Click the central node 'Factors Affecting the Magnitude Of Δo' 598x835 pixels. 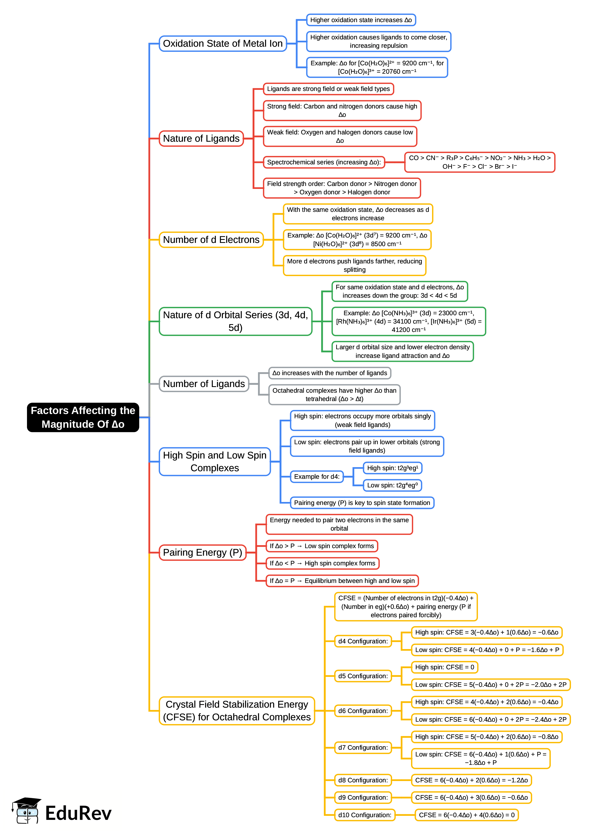[x=83, y=417]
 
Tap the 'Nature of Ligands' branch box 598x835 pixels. [x=201, y=138]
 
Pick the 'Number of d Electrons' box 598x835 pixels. [x=211, y=240]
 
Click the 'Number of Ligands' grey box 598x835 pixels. [x=204, y=383]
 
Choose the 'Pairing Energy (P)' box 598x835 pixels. [x=202, y=552]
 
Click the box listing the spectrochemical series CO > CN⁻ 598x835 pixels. [x=480, y=162]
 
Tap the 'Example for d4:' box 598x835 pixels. [x=317, y=476]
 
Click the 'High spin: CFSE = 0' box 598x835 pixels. [x=444, y=667]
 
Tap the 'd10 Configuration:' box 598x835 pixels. [x=365, y=815]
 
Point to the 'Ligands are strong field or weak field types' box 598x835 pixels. [x=328, y=89]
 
